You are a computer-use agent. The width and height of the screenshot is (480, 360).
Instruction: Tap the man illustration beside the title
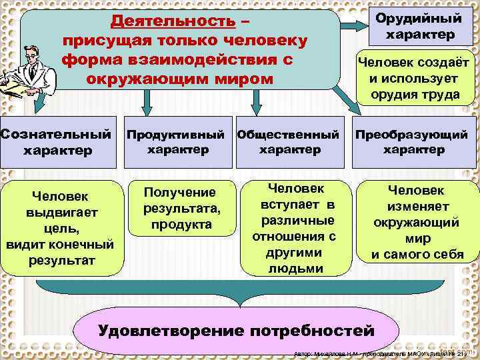point(27,71)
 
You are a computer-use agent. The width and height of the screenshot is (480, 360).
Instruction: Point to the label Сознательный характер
point(57,141)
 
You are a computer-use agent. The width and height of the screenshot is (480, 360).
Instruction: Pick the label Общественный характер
point(288,141)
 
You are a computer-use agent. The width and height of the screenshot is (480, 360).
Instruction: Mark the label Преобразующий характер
point(411,141)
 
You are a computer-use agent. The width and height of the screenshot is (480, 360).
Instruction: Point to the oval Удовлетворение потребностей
point(237,331)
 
